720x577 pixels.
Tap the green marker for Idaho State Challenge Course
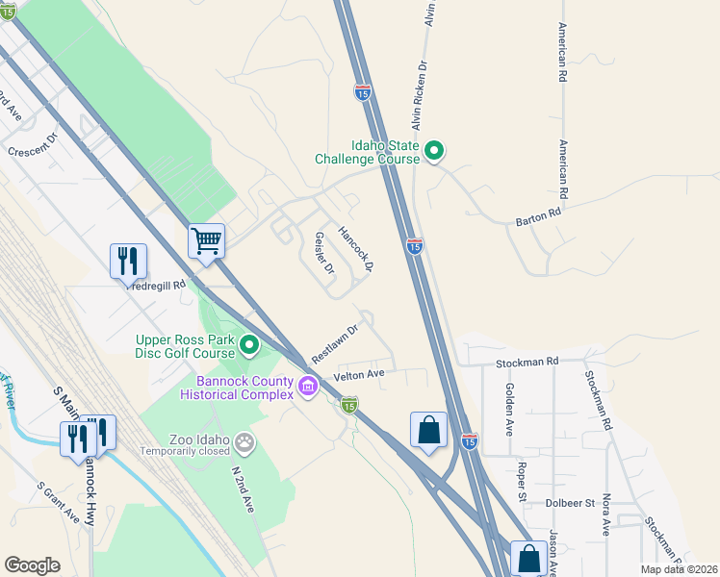point(434,150)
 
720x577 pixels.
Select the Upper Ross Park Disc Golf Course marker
point(249,343)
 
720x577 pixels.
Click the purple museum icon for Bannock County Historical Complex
point(308,387)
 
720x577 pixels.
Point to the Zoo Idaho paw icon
point(246,441)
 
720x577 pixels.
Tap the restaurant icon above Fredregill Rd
point(128,260)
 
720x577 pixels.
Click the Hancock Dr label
point(354,247)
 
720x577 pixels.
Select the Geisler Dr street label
point(323,252)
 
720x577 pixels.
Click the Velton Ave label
point(359,374)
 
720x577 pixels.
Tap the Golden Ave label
point(509,410)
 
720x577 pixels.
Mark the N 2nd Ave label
point(241,488)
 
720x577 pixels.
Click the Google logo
point(33,565)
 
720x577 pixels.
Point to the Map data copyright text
point(679,569)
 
